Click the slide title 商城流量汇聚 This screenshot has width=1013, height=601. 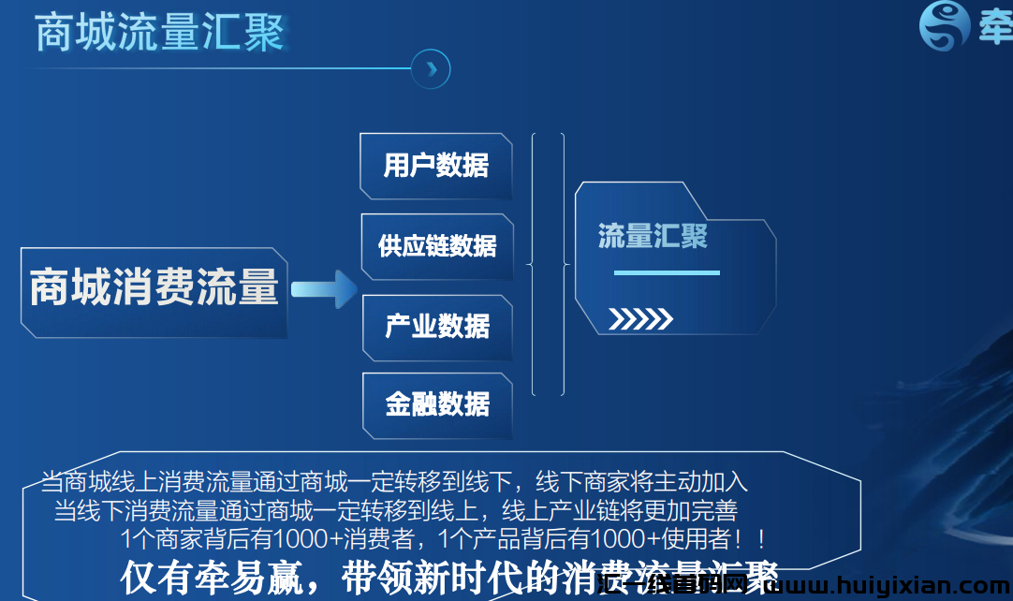[159, 33]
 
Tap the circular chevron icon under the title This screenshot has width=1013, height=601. [431, 69]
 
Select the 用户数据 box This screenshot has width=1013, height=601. [436, 167]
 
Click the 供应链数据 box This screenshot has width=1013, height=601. [437, 246]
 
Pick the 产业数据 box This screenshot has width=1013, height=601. [437, 326]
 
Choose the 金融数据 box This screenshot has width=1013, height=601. [437, 404]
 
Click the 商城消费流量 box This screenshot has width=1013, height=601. [154, 288]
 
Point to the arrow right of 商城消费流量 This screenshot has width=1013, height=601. [323, 290]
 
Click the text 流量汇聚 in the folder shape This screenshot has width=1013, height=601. [653, 236]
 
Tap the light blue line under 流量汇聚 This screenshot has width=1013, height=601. [667, 272]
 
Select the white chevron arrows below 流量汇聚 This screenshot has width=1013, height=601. [640, 319]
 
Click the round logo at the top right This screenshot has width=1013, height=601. [945, 25]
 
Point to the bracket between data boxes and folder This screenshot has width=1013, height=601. [549, 264]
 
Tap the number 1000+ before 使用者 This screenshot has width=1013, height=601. [623, 539]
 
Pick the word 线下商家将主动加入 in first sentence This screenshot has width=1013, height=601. [641, 483]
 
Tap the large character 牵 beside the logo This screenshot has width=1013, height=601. [995, 28]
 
